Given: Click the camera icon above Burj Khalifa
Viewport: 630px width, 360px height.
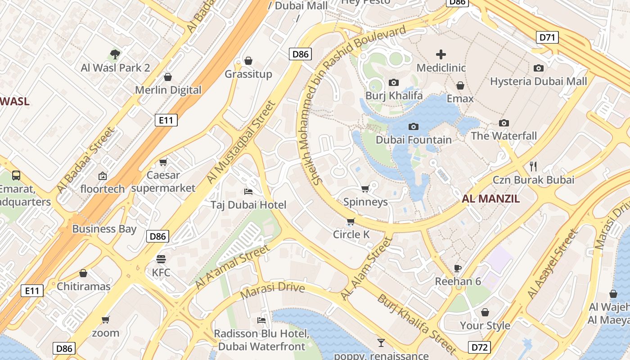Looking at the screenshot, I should tap(394, 82).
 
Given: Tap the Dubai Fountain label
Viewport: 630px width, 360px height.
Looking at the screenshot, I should tap(414, 139).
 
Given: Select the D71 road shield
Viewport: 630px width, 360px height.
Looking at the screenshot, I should tap(547, 37).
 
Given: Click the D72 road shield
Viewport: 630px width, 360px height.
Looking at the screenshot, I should tap(479, 347).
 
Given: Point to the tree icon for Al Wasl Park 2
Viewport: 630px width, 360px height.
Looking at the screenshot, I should tap(115, 55).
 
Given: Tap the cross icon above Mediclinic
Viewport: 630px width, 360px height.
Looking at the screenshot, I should tap(441, 54).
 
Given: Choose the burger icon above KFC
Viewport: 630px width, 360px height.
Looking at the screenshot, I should tap(161, 259).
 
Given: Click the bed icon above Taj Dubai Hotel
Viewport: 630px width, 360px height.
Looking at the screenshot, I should tap(248, 192).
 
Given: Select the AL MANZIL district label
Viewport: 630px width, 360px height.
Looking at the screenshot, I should tap(490, 198).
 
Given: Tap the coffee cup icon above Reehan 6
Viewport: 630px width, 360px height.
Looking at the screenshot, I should tap(458, 268).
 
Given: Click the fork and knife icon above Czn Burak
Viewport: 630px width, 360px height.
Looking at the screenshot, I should tap(533, 166).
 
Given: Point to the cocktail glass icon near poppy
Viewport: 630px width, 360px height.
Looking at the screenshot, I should tap(381, 343).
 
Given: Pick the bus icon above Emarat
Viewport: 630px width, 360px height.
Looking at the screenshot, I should tap(16, 175).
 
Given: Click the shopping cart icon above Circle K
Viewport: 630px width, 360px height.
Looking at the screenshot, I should tap(351, 221).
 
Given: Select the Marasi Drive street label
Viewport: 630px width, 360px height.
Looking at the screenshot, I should tap(273, 290).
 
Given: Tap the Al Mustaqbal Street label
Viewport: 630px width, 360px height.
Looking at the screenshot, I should tap(241, 142).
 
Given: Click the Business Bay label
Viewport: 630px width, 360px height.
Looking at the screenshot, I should tap(104, 229).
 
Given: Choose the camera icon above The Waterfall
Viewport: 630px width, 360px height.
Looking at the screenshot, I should tap(504, 123).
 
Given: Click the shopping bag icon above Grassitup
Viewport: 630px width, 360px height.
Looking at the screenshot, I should tap(248, 61).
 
